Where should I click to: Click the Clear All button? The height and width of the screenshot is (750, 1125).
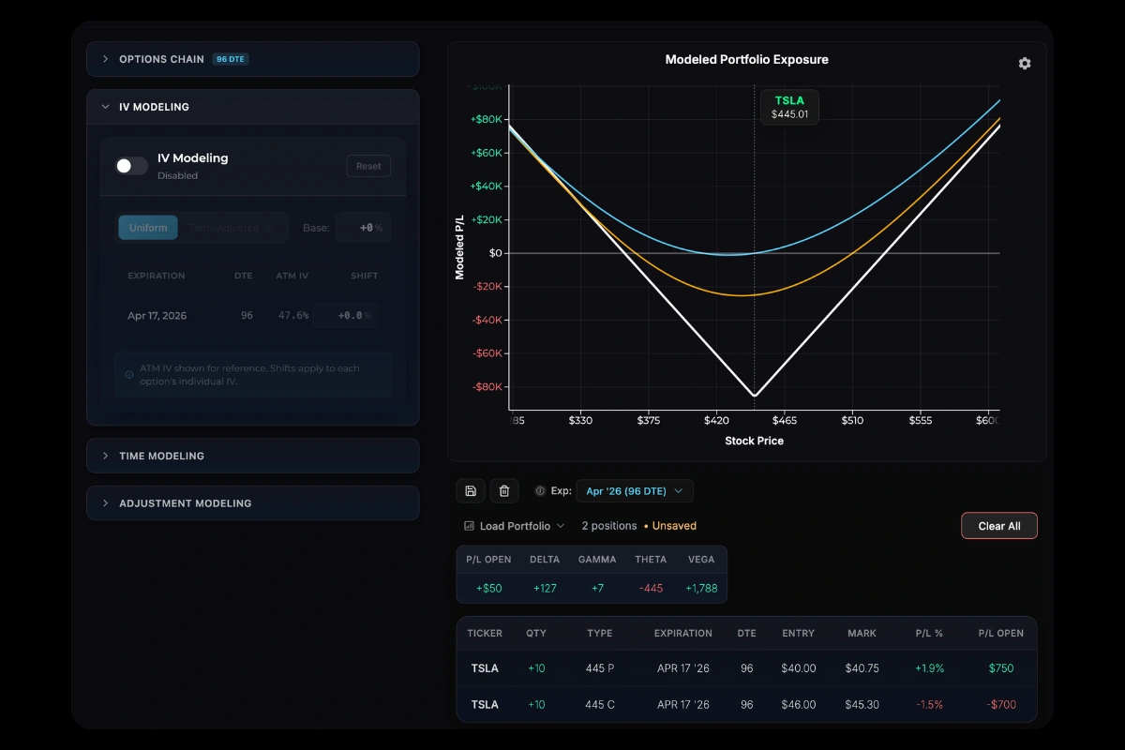point(998,526)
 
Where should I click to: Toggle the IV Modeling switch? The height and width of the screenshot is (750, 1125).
point(131,166)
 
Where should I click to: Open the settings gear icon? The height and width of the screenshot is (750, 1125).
point(1024,64)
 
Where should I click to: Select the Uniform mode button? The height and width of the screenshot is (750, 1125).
point(148,228)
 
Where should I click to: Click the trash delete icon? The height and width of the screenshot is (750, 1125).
point(503,490)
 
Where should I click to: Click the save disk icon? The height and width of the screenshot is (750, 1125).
point(471,490)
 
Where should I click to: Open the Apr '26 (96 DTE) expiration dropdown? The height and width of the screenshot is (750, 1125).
point(635,490)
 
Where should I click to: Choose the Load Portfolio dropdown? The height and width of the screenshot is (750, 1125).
point(515,526)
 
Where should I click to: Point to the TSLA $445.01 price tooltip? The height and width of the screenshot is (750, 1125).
point(789,107)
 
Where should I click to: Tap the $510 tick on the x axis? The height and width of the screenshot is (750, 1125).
point(851,422)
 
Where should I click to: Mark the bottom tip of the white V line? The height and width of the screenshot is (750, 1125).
point(755,396)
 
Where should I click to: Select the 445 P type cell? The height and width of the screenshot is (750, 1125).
point(599,668)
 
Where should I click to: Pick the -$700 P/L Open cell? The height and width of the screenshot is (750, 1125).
point(1000,704)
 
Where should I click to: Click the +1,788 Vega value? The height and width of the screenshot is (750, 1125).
point(700,588)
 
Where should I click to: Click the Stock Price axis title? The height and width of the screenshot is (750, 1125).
point(754,441)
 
